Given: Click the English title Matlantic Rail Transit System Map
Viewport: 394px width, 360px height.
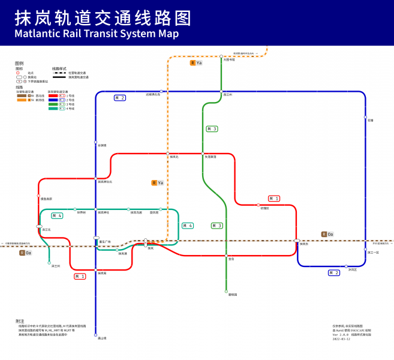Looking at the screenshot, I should click(x=97, y=34).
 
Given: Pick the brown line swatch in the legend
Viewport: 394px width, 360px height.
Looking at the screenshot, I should click(x=22, y=95).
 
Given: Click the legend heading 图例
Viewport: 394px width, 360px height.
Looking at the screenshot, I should click(x=19, y=63).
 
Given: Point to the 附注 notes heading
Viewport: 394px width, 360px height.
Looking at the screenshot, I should click(x=20, y=321).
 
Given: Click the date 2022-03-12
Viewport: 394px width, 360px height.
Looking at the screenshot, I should click(x=341, y=340).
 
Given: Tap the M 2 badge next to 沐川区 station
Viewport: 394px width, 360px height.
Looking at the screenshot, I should click(x=334, y=272).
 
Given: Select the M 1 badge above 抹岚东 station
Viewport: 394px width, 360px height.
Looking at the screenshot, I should click(x=273, y=198).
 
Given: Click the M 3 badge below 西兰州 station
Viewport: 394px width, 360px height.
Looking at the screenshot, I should click(x=212, y=129).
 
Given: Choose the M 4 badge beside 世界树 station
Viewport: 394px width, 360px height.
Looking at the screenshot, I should click(x=57, y=215).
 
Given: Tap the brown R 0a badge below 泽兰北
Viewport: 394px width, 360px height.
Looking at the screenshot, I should click(x=26, y=253).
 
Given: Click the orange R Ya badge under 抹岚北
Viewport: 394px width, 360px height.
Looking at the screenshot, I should click(x=157, y=182).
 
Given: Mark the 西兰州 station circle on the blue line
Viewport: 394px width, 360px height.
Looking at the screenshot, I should click(x=221, y=91).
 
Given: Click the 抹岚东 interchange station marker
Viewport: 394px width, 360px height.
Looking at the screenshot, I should click(x=297, y=241).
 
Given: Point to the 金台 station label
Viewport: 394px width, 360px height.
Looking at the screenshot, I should click(x=231, y=259).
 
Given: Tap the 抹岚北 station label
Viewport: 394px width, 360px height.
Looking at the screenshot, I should click(x=175, y=157).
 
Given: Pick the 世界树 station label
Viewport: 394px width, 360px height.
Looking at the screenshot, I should click(x=80, y=212).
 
